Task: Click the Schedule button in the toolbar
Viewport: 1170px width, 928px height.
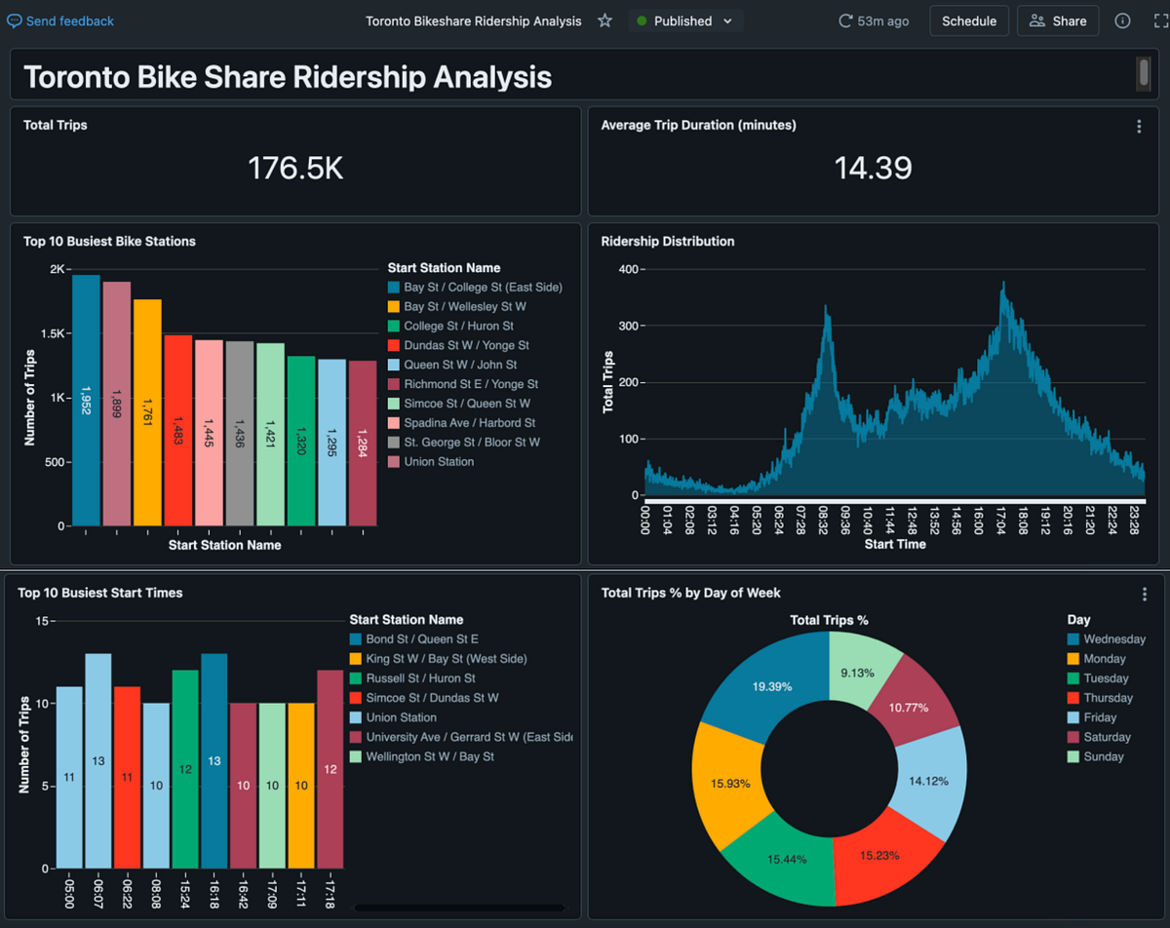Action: click(x=968, y=20)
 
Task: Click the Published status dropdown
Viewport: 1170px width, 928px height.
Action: click(x=684, y=20)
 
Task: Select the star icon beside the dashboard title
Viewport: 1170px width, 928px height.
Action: click(x=604, y=20)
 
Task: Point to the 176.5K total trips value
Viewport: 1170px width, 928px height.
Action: click(x=295, y=168)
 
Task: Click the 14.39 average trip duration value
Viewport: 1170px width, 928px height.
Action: click(x=873, y=168)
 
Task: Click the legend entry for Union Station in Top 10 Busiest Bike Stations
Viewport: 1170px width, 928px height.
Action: click(x=439, y=462)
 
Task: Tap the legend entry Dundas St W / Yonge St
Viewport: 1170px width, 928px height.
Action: click(x=466, y=345)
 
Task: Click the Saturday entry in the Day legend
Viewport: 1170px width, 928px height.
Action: click(x=1107, y=737)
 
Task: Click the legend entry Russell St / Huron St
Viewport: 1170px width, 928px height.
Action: click(x=420, y=678)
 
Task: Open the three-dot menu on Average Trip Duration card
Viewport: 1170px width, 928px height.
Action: click(x=1139, y=127)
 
